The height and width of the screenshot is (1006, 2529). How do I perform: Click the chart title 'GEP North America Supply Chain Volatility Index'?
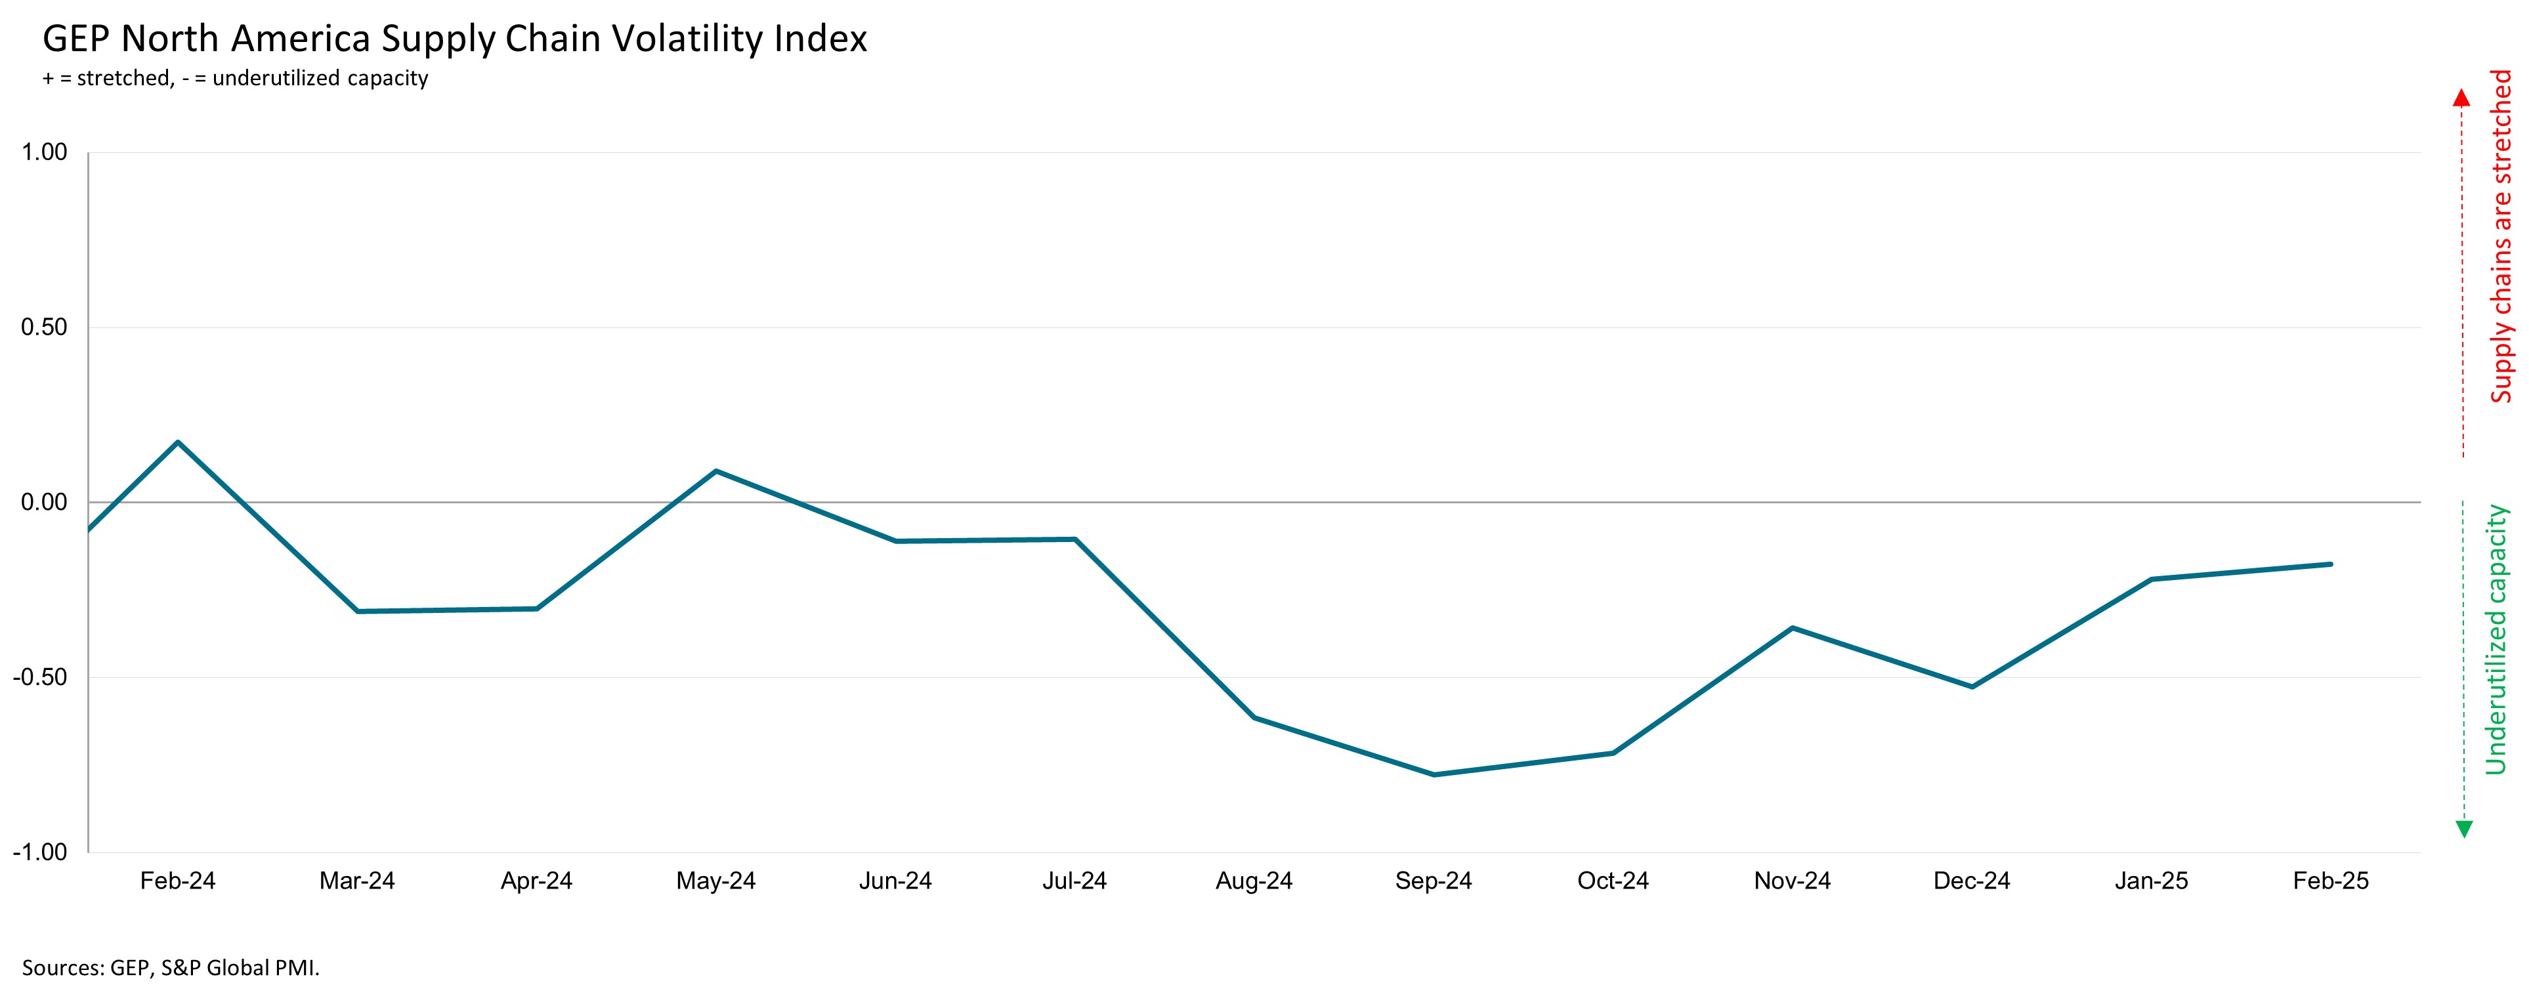(x=455, y=39)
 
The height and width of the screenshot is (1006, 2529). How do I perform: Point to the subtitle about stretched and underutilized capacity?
(x=236, y=79)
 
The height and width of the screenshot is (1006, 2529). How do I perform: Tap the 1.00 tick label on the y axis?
(x=44, y=152)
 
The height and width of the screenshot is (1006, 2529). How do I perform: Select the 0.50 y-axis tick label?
(x=44, y=327)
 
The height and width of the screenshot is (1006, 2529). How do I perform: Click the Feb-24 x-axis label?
(x=178, y=881)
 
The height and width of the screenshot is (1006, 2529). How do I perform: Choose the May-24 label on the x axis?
(x=715, y=881)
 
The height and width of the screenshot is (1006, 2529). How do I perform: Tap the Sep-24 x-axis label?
(x=1434, y=881)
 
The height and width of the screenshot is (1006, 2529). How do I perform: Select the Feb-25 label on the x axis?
(x=2331, y=881)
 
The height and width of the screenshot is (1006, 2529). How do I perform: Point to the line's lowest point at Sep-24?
(x=1434, y=774)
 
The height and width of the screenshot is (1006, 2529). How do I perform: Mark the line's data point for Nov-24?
(x=1793, y=627)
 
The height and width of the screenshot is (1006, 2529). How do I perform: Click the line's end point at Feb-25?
(x=2331, y=564)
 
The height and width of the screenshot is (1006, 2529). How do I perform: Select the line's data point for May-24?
(x=715, y=471)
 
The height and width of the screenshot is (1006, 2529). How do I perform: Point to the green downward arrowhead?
(x=2463, y=829)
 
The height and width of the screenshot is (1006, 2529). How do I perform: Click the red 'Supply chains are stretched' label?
(x=2501, y=236)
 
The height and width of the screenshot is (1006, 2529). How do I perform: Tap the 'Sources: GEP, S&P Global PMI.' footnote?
(x=171, y=968)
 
